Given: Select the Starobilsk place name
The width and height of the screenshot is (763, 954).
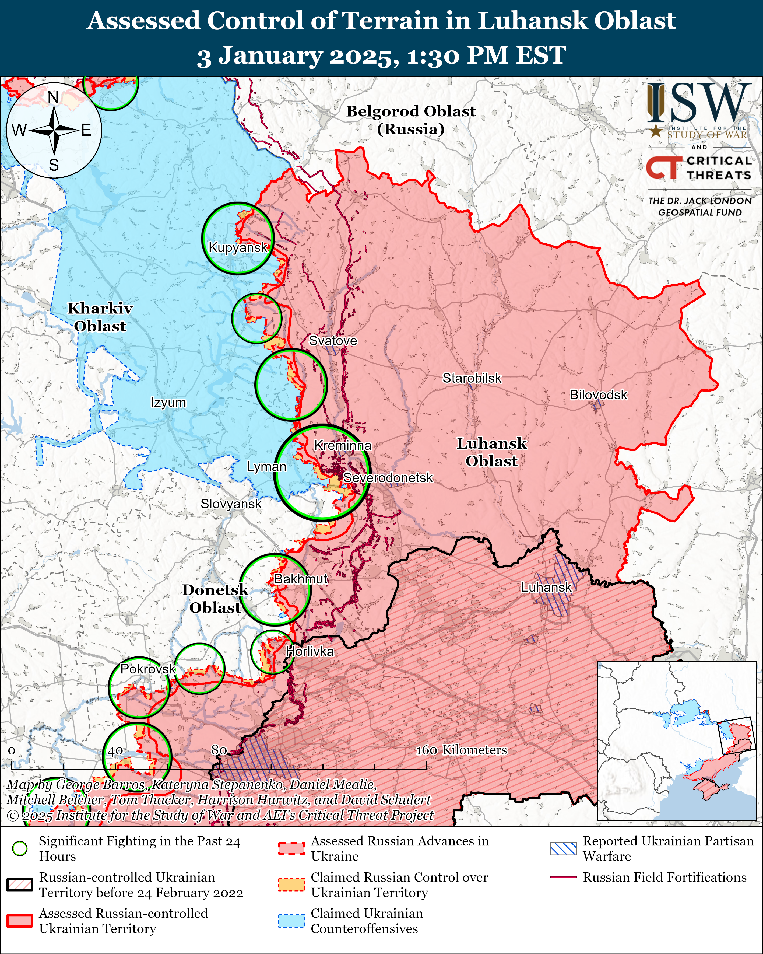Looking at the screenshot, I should coord(472,378).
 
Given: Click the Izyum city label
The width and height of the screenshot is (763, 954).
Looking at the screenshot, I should coord(168,403).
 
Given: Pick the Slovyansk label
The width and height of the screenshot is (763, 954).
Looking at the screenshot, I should coord(231,504).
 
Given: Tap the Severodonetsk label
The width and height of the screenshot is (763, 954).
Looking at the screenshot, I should coord(388,478).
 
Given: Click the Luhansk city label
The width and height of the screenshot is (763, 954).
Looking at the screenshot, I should coord(546,588).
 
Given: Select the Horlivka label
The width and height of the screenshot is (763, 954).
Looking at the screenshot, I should coord(310,651).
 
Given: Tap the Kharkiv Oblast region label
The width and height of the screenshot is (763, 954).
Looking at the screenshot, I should coord(100,317).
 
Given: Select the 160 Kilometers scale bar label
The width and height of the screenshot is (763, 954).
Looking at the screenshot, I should coord(461,750).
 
